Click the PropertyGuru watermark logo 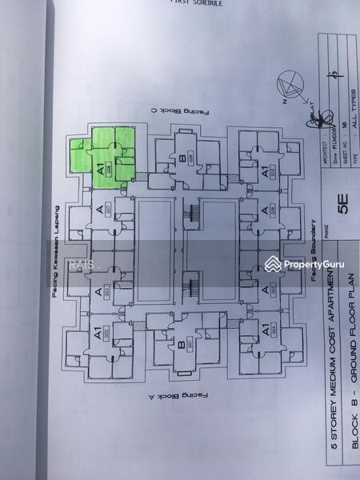[x=304, y=264]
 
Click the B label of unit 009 [x=182, y=159]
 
